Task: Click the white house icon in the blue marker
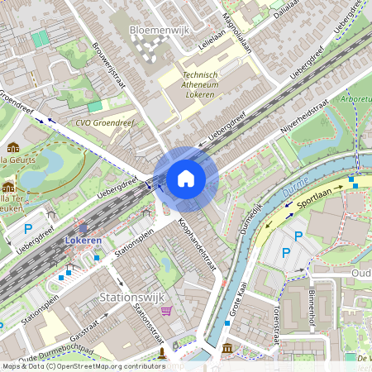pos(186,179)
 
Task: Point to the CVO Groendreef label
pos(105,124)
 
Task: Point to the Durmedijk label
pos(250,219)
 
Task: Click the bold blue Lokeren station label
pos(83,241)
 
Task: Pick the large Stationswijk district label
pos(132,296)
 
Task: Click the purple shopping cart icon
pos(167,312)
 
